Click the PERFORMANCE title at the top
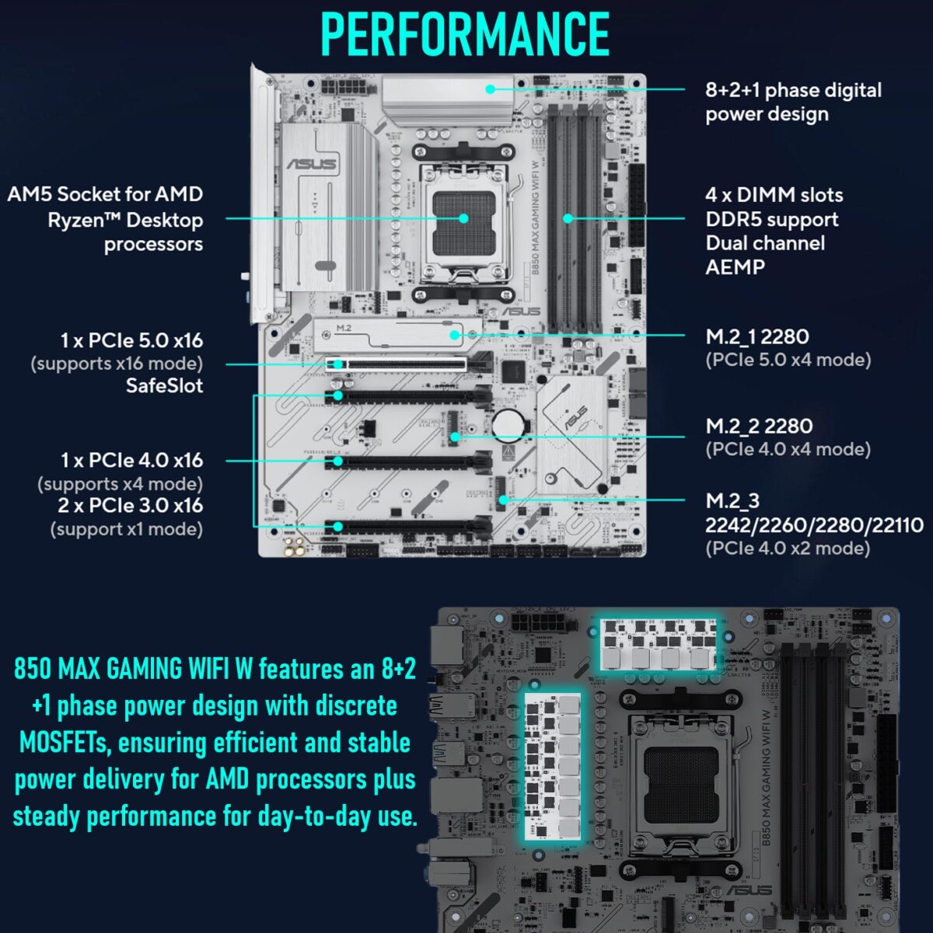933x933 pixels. click(x=465, y=34)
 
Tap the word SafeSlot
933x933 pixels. click(x=164, y=386)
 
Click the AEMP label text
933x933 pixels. click(x=735, y=267)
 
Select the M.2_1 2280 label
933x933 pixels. click(x=757, y=337)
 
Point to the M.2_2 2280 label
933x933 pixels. click(x=759, y=426)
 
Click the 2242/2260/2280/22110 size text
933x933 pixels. click(x=813, y=525)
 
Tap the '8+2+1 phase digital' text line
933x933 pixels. click(x=793, y=90)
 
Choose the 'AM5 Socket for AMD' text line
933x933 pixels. click(x=105, y=194)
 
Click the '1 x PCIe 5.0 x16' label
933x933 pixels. click(x=131, y=340)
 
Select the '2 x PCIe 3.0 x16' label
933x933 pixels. click(x=130, y=506)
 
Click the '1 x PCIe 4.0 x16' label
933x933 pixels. click(x=131, y=461)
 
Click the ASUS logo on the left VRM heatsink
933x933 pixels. click(x=312, y=164)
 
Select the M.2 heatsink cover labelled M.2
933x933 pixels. click(x=397, y=332)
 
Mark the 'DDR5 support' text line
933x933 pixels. click(x=771, y=219)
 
